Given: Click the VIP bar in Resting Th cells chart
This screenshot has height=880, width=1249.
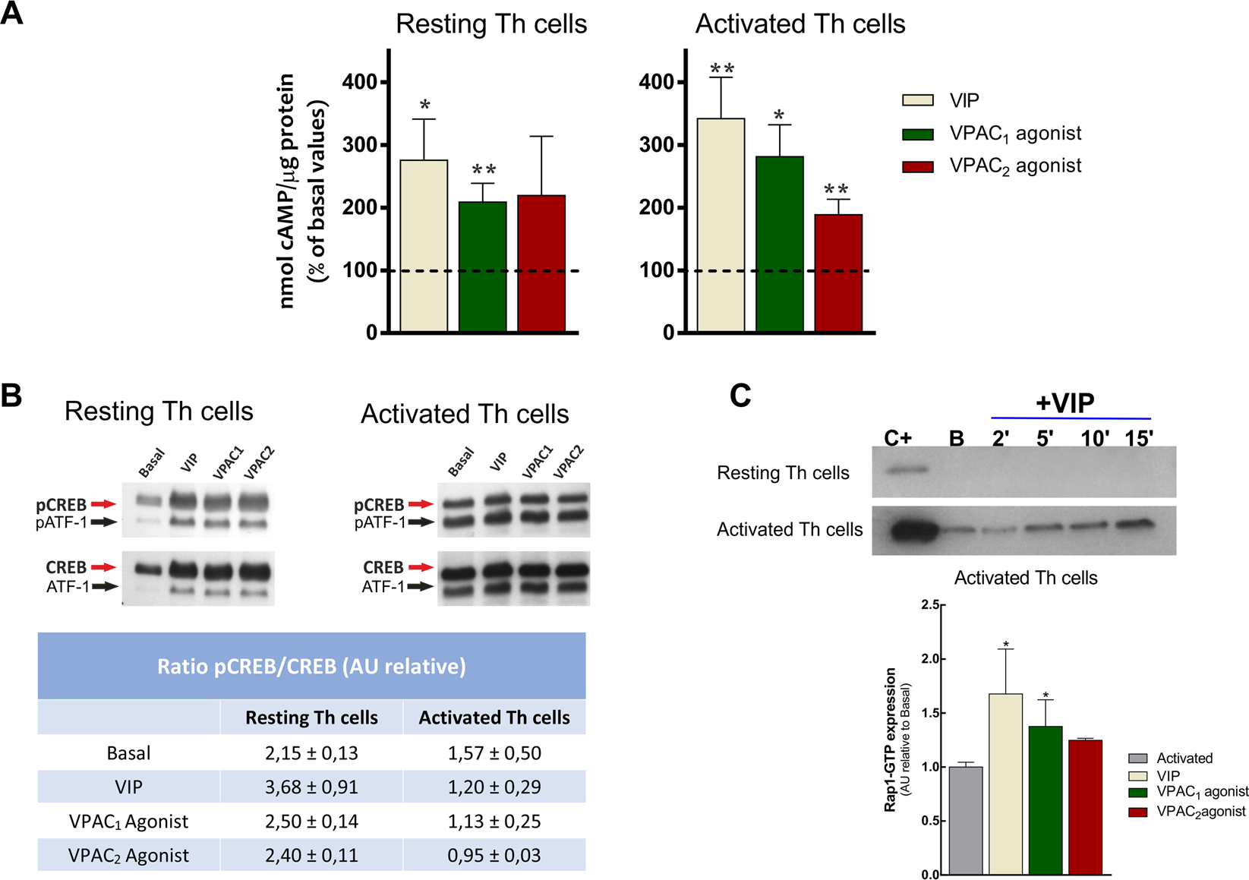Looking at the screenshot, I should (424, 247).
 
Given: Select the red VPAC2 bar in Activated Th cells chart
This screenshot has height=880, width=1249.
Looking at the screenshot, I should (838, 273).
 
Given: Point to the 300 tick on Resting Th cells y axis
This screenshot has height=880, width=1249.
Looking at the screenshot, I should (361, 144).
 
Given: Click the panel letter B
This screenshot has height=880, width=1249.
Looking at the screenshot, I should (11, 396).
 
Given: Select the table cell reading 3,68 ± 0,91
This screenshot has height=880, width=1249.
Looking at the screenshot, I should (311, 787).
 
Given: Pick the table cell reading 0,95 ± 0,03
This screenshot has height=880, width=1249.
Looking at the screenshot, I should (494, 855).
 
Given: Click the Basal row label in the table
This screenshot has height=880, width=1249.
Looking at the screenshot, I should (128, 753).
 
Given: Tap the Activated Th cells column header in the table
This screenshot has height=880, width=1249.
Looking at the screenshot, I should (494, 718).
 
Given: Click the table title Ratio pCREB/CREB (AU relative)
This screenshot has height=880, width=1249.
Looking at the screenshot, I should (311, 666).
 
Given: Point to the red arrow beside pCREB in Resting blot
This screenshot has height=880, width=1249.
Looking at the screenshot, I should (103, 504).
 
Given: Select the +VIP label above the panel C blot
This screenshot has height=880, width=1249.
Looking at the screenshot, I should (1064, 403).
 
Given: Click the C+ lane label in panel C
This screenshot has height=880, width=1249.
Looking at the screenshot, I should (897, 438).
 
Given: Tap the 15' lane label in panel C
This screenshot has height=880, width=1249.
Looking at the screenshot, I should (1139, 438).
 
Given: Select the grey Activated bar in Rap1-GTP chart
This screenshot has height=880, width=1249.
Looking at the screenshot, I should (966, 820).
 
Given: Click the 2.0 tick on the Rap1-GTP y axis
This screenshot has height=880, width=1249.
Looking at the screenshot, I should (928, 658).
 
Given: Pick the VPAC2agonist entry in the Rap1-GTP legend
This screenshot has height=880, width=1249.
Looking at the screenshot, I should (1200, 812).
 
